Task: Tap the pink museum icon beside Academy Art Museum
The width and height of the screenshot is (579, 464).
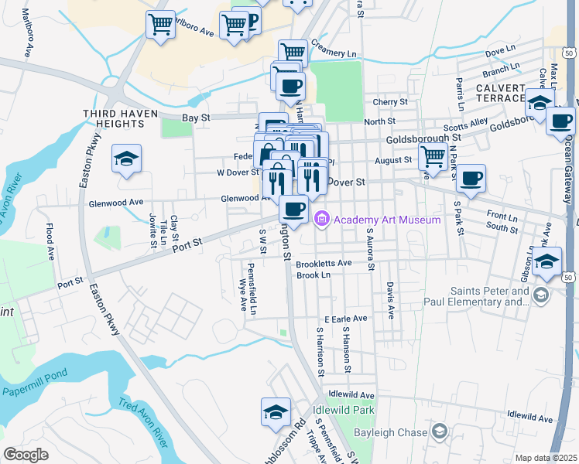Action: point(322,220)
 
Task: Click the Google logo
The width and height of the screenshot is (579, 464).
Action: point(26,455)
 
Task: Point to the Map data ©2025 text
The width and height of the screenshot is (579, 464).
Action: point(546,458)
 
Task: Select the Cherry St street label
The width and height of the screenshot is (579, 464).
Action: point(389,102)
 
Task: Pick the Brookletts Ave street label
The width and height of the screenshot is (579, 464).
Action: point(324,263)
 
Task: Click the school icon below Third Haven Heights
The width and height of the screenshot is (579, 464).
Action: point(126,159)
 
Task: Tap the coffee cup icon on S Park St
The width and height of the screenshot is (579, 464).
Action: point(470,179)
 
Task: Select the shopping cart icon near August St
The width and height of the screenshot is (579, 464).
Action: point(433,156)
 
